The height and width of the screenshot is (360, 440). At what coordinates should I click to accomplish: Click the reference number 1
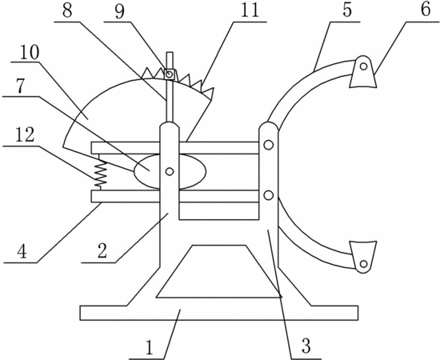(150, 347)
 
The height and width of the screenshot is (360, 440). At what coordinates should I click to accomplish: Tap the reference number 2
(102, 250)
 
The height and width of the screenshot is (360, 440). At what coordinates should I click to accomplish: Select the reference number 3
(306, 345)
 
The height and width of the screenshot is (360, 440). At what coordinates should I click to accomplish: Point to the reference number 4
(22, 251)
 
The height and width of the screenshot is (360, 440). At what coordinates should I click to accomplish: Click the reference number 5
(347, 10)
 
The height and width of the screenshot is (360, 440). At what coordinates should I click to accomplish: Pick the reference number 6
(425, 10)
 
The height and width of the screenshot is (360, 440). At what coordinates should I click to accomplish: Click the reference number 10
(29, 52)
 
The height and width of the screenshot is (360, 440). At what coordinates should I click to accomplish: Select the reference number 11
(250, 10)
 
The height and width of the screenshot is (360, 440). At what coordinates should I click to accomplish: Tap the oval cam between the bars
(170, 171)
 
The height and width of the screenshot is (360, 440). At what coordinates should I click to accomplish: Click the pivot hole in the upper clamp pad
(364, 66)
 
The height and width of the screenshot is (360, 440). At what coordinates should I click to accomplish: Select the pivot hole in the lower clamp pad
(364, 264)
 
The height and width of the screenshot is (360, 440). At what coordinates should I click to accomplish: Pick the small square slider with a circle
(170, 74)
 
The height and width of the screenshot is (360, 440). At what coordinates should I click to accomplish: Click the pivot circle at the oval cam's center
(170, 171)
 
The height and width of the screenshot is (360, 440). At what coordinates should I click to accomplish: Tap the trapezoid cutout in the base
(219, 271)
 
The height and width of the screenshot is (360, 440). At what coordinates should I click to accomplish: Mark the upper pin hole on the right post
(269, 145)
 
